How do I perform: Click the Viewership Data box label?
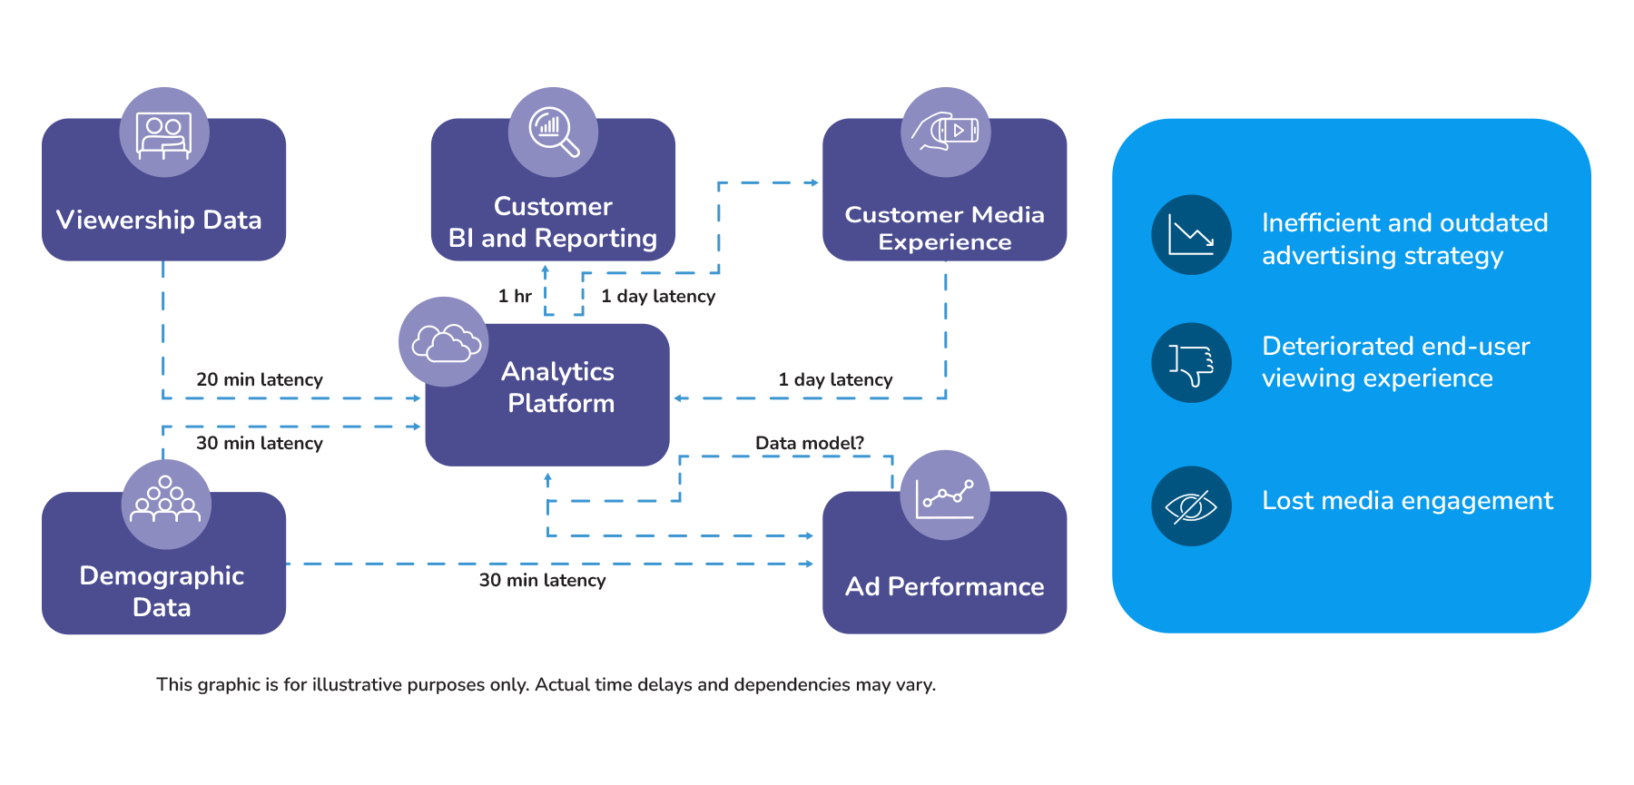159,220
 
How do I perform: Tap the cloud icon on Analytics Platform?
444,342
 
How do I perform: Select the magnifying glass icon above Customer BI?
553,132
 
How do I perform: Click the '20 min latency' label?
260,379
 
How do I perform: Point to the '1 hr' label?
515,296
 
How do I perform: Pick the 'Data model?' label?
810,443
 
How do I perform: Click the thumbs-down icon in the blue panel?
1191,363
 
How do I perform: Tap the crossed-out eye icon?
1191,506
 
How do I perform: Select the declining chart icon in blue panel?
1191,235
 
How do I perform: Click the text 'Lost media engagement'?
1407,501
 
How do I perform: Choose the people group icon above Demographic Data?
165,502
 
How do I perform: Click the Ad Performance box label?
944,586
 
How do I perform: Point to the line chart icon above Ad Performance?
945,496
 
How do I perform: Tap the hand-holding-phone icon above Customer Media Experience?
945,132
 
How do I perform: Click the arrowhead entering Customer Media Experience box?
814,182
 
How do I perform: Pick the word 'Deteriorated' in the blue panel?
1325,347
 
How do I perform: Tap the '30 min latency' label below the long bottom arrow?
542,580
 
